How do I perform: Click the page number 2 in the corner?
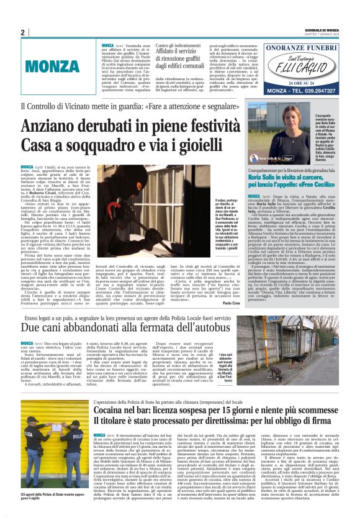23,33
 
